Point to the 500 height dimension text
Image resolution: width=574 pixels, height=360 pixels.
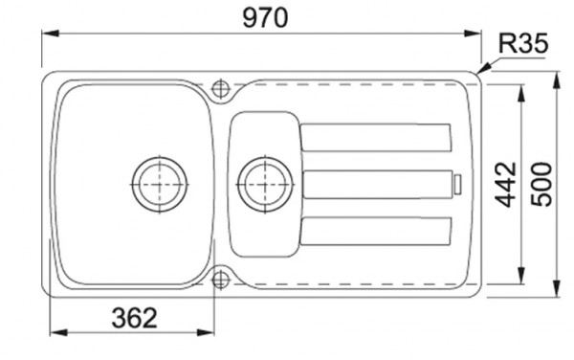pos(542,183)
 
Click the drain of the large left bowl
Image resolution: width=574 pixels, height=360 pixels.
pos(157,181)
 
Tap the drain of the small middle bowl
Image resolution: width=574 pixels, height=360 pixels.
pos(263,181)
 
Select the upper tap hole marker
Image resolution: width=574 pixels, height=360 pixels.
pos(221,88)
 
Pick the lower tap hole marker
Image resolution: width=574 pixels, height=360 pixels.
pos(221,279)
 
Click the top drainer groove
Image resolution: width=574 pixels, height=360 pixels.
pos(375,138)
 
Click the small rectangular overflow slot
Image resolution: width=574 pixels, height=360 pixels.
pos(458,182)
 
